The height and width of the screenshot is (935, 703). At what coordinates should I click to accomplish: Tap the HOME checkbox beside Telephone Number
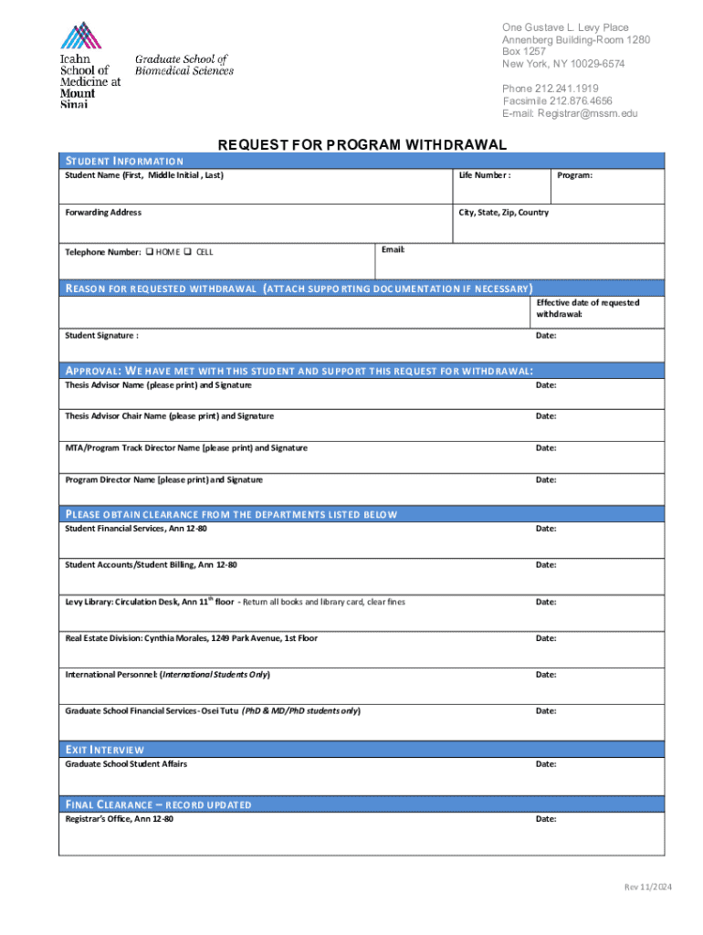(150, 252)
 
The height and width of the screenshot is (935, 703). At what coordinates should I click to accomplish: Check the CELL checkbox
(187, 252)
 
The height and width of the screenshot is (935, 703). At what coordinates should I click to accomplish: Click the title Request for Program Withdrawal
(362, 145)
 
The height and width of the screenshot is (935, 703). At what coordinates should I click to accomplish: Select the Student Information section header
(124, 162)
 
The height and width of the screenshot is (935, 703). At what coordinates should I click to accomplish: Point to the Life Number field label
(484, 174)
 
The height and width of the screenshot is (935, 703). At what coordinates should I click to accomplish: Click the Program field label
(574, 174)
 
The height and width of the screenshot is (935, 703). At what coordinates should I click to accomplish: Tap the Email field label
(393, 249)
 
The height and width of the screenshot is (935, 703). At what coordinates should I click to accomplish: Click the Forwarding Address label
(103, 212)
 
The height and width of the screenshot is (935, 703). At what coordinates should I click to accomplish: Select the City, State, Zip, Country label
(504, 212)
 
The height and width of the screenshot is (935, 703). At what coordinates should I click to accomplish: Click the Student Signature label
(101, 335)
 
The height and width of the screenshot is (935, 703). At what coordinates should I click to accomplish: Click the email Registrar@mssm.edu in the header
(587, 113)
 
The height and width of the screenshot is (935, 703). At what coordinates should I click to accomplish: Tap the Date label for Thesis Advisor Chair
(546, 415)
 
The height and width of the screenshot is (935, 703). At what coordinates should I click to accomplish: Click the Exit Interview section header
(105, 750)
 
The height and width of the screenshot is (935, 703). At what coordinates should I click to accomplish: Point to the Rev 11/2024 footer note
(647, 888)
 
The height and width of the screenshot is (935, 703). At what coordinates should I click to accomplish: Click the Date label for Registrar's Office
(546, 819)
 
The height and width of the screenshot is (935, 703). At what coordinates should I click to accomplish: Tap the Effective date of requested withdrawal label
(587, 308)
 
